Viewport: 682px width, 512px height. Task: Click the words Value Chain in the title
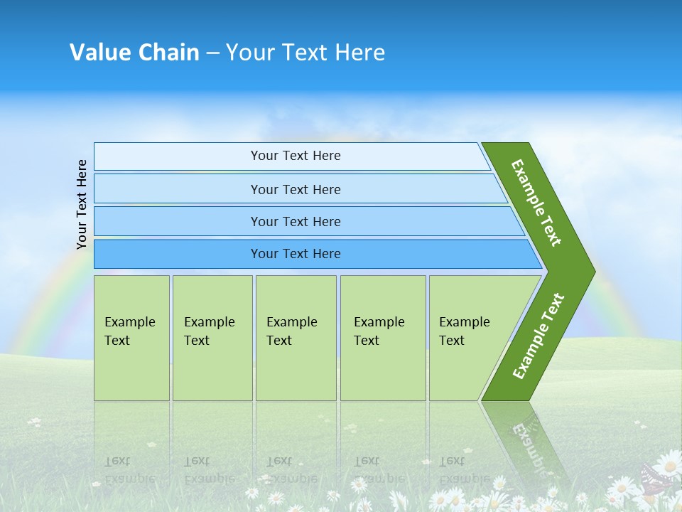(134, 52)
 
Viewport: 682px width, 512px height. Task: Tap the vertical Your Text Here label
(82, 204)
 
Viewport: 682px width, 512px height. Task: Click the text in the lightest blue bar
(296, 156)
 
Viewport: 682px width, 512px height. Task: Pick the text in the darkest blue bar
(296, 254)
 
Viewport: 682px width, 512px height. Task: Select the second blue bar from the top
(296, 189)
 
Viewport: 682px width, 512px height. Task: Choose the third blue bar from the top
(296, 221)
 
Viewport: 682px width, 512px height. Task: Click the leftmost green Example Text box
(131, 338)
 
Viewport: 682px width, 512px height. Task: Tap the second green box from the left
(212, 338)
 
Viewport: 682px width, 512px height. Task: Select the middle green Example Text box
(296, 338)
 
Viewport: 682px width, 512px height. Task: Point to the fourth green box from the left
(382, 338)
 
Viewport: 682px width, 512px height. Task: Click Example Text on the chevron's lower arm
(538, 336)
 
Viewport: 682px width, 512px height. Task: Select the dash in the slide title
(212, 53)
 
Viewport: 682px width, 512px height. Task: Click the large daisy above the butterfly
(668, 464)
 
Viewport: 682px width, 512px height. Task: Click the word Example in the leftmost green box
(129, 322)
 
